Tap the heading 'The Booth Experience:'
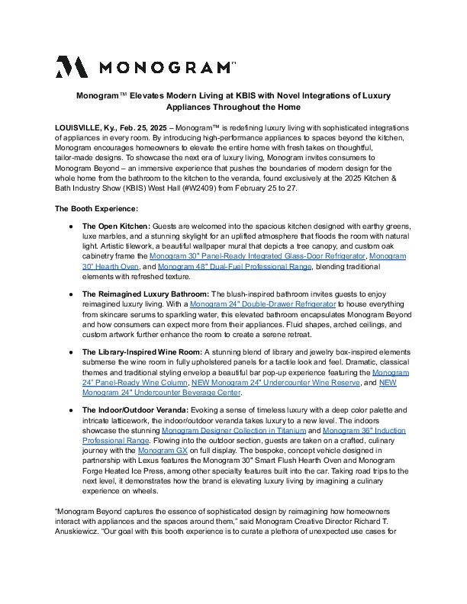(96, 208)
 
